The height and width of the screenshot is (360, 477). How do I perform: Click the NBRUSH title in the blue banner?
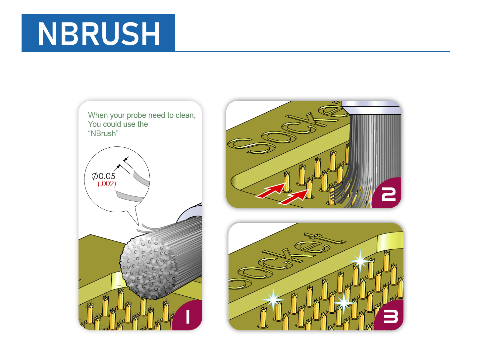[x=99, y=33]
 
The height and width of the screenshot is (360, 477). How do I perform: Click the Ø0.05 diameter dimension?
[x=103, y=176]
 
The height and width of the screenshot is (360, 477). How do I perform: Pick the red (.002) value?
[x=107, y=184]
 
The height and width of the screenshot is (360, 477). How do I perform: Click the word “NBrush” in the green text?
[x=103, y=133]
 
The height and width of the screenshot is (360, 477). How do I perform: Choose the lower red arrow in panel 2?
[x=294, y=197]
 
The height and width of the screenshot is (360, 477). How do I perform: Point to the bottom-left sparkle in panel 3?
[x=273, y=300]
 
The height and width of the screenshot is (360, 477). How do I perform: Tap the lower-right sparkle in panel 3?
[x=344, y=302]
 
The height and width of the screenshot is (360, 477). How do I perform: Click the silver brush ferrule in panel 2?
[x=371, y=107]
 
